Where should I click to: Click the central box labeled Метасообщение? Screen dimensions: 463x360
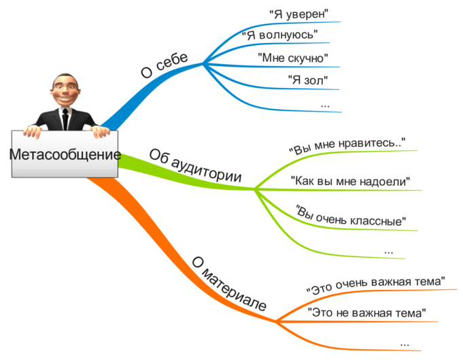(65, 154)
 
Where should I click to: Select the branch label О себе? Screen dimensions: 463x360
(164, 65)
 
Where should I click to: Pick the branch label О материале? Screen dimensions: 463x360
(229, 284)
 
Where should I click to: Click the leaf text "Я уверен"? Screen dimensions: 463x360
(299, 14)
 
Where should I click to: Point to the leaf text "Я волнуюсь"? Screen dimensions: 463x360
(280, 35)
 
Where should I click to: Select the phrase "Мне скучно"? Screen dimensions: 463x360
(293, 58)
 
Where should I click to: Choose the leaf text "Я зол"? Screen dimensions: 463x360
(308, 80)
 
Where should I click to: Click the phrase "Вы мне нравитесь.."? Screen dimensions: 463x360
(347, 146)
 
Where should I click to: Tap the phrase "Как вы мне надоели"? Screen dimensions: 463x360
(351, 181)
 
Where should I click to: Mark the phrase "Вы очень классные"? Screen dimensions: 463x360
(351, 216)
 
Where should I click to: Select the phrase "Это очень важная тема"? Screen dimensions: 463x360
(375, 285)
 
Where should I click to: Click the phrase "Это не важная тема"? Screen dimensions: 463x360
(367, 312)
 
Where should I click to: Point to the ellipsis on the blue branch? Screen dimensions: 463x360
(325, 105)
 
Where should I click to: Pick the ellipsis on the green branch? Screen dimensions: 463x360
(389, 252)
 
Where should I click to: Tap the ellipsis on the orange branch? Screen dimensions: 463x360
(405, 344)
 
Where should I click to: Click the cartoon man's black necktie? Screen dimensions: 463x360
(65, 119)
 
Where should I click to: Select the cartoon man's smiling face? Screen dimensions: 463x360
(65, 90)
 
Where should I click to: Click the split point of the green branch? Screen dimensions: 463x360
(254, 189)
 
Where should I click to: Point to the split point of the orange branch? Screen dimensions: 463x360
(276, 321)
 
